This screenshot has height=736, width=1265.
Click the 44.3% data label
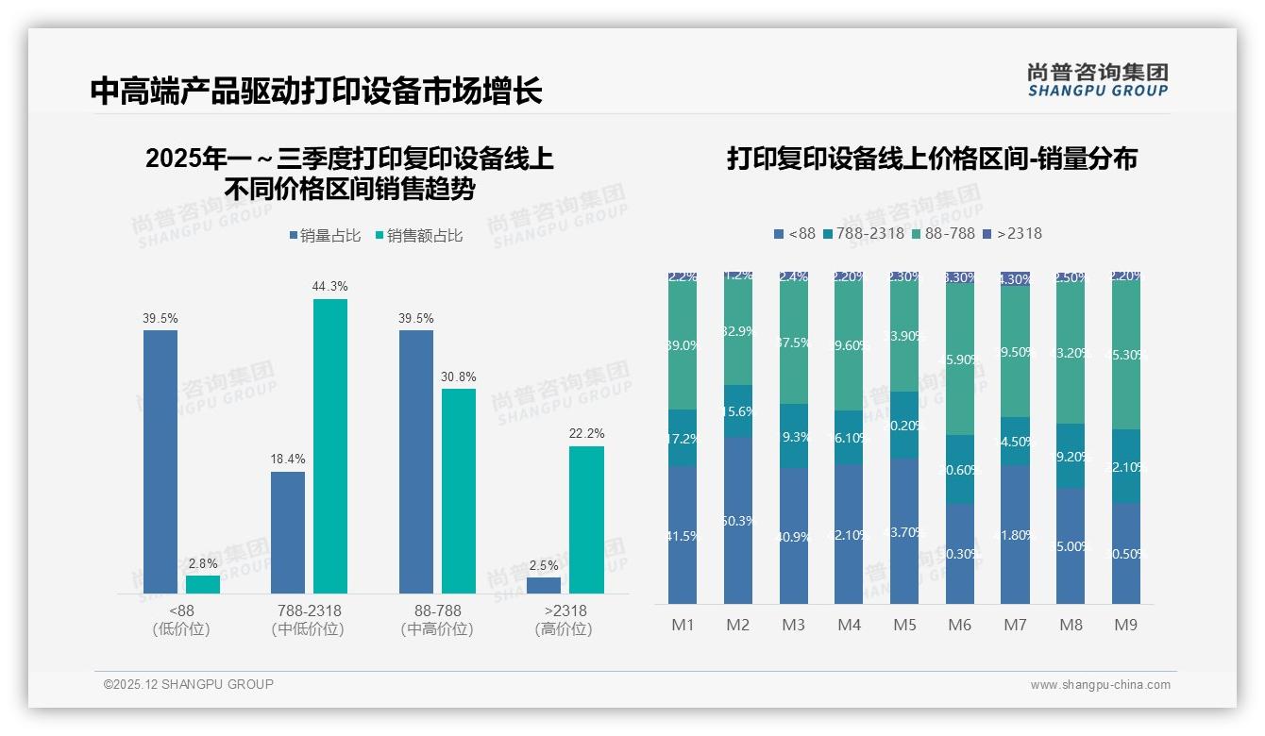[x=329, y=286]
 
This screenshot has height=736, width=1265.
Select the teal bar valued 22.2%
[x=586, y=519]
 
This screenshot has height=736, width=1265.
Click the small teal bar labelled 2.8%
[x=202, y=584]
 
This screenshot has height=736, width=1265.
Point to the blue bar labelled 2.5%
[x=543, y=585]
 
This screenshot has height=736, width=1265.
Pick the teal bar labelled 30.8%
[x=459, y=491]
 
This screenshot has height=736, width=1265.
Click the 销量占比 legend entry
[x=325, y=236]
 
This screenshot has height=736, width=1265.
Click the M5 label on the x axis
[x=904, y=625]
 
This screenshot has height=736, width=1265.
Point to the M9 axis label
[x=1125, y=625]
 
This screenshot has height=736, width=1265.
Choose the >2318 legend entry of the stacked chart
[x=1013, y=233]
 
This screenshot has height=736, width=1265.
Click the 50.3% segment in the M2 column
[x=738, y=521]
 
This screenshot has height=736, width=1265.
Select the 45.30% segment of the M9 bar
[x=1125, y=355]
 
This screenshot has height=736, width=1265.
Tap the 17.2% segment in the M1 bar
[x=683, y=438]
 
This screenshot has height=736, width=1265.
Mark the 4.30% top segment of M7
[x=1015, y=279]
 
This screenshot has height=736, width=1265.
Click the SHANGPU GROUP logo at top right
[x=1098, y=80]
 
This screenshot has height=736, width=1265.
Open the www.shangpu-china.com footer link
[x=1100, y=685]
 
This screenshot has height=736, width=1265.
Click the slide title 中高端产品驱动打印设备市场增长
[x=316, y=92]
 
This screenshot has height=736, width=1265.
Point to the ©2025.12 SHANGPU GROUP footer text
[x=189, y=684]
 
